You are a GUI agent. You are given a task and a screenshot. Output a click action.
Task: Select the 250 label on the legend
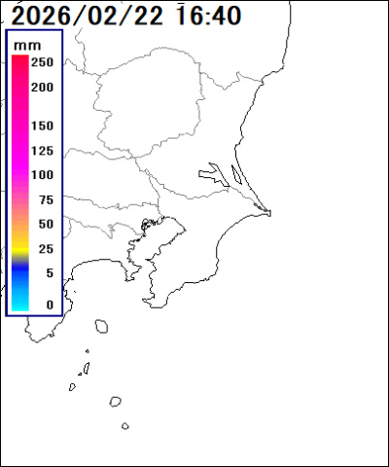(x=42, y=62)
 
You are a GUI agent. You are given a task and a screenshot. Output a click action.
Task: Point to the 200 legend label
(x=42, y=87)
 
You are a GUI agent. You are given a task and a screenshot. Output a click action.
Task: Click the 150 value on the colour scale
(x=42, y=126)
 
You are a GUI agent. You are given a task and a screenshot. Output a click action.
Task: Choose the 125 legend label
(x=42, y=151)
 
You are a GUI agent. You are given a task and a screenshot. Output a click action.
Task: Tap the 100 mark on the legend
(x=42, y=175)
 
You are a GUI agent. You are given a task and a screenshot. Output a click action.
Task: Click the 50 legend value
(x=45, y=224)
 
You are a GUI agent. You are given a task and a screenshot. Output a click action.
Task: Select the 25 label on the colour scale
(x=45, y=248)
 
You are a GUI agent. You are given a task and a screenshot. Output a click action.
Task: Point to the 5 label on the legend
(x=49, y=272)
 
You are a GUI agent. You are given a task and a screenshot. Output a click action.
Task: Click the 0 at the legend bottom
(x=49, y=305)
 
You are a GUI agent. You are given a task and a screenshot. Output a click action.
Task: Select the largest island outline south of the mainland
(x=101, y=328)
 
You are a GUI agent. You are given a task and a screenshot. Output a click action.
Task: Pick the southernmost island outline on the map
(x=125, y=425)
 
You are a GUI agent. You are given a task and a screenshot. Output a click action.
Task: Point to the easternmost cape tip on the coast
(x=271, y=213)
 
